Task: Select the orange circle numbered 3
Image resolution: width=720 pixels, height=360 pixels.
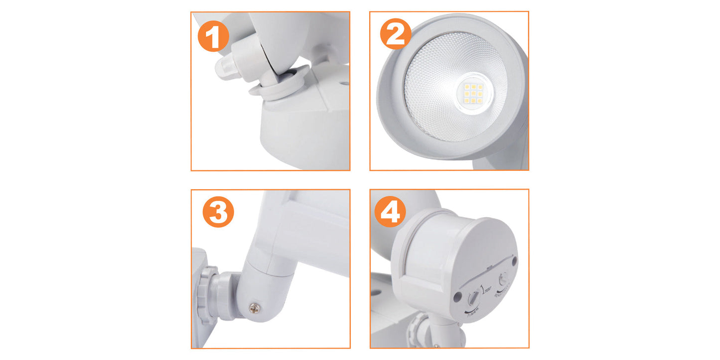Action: [x=218, y=212]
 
